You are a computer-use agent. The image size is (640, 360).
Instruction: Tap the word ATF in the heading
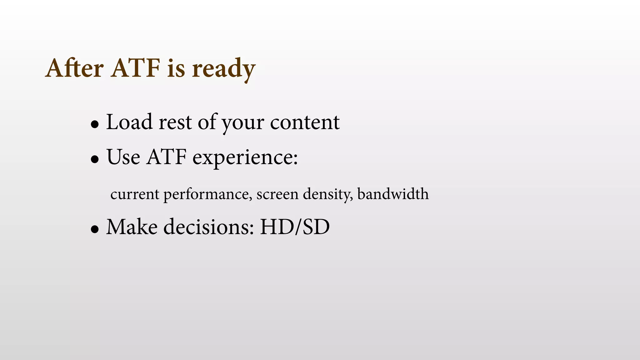[136, 68]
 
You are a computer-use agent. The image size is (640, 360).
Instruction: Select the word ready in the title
[223, 69]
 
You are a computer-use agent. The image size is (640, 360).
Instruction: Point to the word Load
[129, 122]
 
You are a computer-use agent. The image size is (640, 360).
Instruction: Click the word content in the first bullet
[305, 122]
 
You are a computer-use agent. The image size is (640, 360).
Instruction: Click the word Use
[123, 157]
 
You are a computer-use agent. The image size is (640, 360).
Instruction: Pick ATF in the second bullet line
[167, 157]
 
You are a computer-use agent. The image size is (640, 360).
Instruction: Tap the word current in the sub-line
[135, 194]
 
